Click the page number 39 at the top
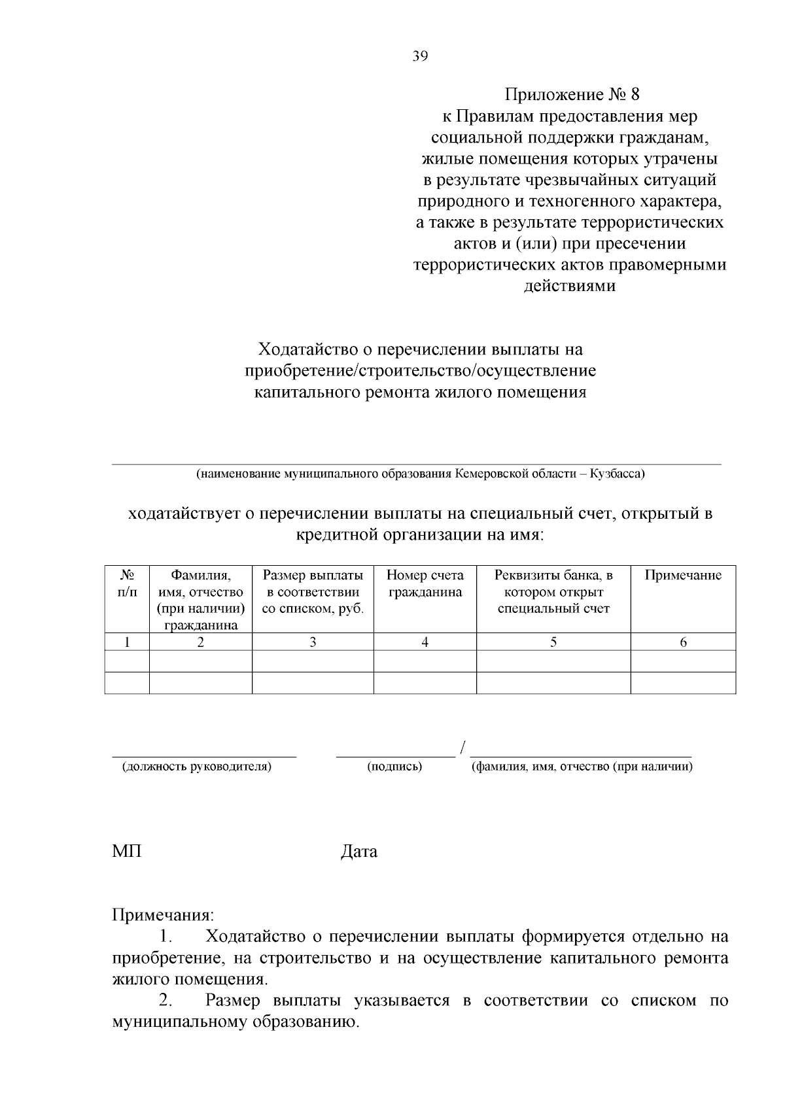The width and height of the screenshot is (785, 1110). tap(420, 57)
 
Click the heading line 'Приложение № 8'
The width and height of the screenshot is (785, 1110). tap(570, 95)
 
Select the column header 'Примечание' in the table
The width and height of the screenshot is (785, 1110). tap(683, 576)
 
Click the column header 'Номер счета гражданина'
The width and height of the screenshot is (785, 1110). tap(425, 583)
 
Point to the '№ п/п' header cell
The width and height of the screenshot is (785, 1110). tap(127, 583)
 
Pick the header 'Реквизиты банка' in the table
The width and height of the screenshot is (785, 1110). tap(553, 576)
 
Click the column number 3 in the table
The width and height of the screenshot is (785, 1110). tap(313, 642)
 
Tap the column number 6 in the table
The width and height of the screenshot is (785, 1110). tap(683, 642)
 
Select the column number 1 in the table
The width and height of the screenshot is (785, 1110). tap(127, 642)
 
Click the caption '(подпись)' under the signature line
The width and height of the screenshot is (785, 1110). tap(394, 767)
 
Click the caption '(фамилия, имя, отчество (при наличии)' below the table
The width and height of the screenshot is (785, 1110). tap(582, 767)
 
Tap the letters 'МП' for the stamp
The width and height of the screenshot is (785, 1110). tap(127, 852)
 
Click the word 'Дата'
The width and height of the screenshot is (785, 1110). tap(359, 852)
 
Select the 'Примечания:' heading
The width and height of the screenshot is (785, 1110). tap(163, 914)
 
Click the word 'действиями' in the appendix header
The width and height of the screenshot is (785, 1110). tap(570, 286)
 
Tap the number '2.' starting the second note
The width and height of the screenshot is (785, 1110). tap(166, 1001)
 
